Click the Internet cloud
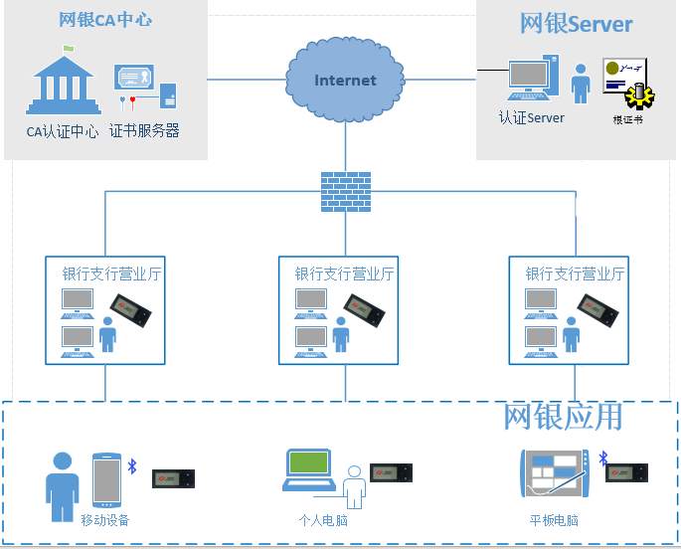345,79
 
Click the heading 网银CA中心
105,20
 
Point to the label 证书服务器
144,130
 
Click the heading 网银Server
577,24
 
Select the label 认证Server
532,117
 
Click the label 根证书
628,120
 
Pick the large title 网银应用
563,416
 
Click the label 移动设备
105,520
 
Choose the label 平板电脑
554,520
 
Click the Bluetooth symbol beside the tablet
602,458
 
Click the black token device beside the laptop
391,472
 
